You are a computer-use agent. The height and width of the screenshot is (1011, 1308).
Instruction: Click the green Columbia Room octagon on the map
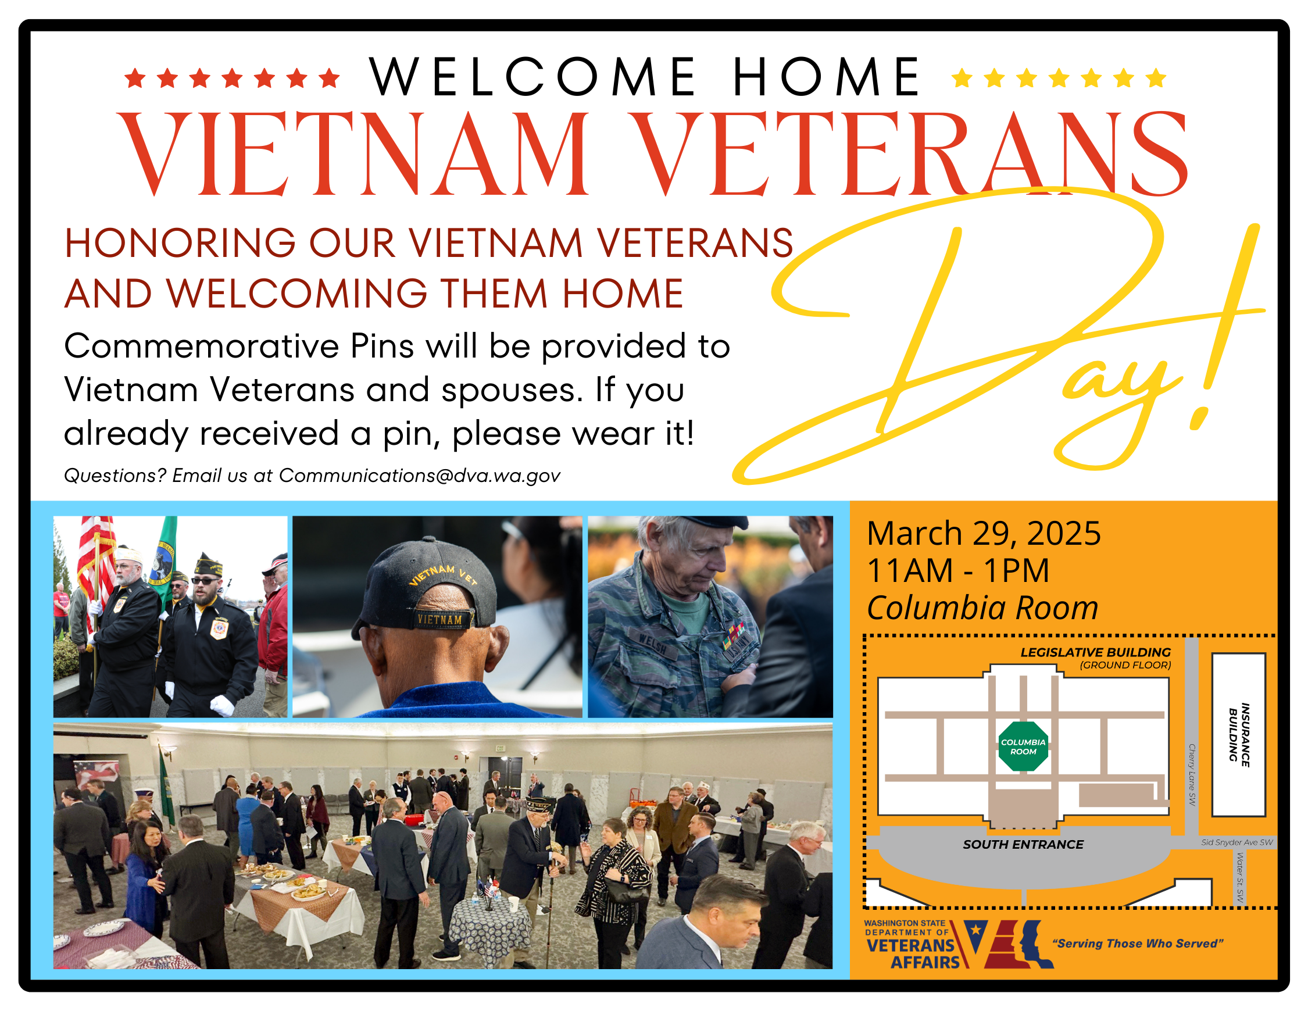[1023, 746]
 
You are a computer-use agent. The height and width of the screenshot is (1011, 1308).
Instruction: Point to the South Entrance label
[1023, 844]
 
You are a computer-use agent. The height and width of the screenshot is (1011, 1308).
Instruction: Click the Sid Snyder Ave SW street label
[1236, 842]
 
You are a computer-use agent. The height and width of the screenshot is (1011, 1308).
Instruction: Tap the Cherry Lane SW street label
[1192, 774]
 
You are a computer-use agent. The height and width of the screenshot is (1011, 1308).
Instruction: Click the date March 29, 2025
[984, 533]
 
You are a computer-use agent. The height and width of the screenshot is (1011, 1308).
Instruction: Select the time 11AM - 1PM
[957, 570]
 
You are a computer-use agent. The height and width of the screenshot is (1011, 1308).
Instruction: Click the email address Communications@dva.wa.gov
[419, 476]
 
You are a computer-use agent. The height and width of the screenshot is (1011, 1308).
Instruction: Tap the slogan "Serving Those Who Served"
[1137, 944]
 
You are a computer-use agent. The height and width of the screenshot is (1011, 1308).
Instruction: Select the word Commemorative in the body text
[201, 345]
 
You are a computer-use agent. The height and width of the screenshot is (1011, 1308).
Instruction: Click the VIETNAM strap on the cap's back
[441, 619]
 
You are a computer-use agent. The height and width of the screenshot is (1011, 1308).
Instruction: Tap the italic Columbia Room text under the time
[982, 608]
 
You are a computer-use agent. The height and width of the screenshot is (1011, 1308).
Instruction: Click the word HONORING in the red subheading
[180, 243]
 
